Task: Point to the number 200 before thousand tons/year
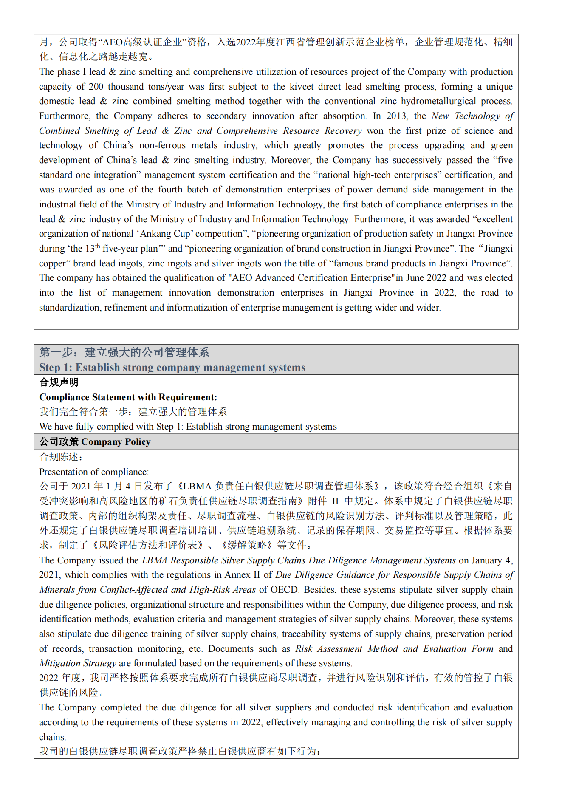click(96, 87)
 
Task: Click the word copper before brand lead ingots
click(53, 263)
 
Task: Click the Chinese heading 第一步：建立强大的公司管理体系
click(124, 352)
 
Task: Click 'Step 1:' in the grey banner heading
click(56, 368)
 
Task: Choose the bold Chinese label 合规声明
click(59, 382)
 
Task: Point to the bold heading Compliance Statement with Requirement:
click(128, 397)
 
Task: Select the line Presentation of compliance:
click(94, 472)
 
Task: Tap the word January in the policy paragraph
click(486, 560)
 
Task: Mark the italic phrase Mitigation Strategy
click(78, 663)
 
